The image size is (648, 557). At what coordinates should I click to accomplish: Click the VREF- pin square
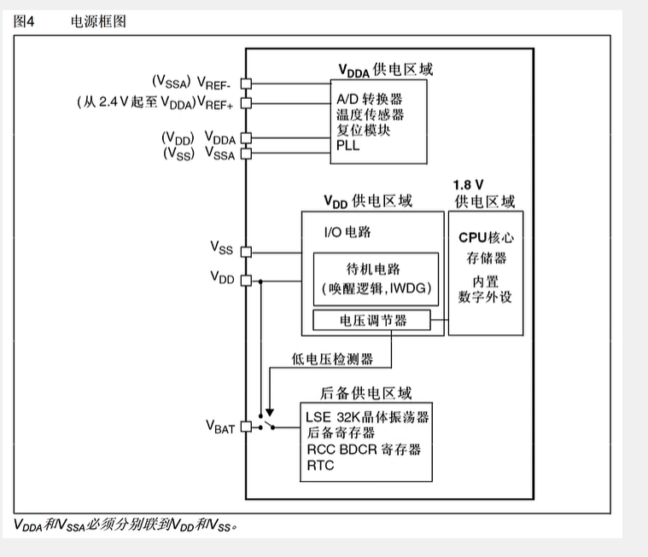click(246, 84)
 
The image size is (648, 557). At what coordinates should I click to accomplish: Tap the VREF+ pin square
click(246, 103)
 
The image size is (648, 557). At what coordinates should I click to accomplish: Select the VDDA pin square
click(246, 137)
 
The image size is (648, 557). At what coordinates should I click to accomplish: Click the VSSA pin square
click(246, 154)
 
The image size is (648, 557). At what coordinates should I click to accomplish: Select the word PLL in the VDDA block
click(348, 146)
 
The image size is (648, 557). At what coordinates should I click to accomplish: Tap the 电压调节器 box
click(373, 321)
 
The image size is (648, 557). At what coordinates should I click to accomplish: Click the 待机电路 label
click(376, 266)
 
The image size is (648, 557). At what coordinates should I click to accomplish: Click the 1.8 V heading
click(469, 185)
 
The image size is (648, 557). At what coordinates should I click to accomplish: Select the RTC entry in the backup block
click(320, 466)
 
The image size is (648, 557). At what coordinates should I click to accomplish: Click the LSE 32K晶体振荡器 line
click(366, 417)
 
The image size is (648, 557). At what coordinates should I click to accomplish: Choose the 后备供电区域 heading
click(365, 393)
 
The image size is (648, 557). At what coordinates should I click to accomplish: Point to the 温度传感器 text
click(370, 115)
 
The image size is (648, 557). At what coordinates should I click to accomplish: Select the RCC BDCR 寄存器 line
click(363, 450)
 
